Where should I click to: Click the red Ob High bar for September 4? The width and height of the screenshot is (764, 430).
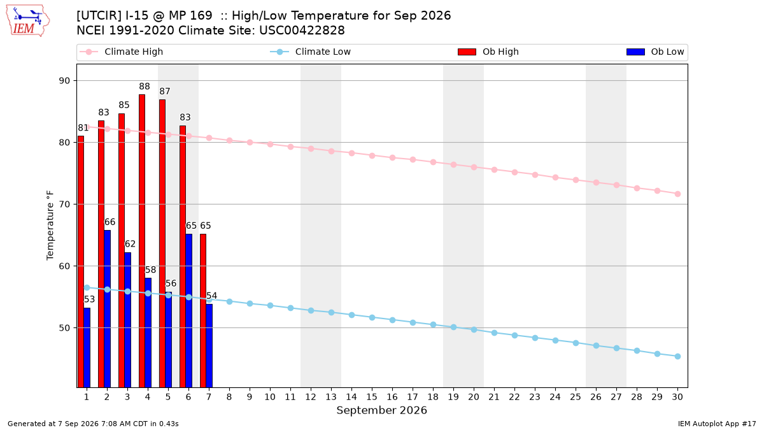[142, 241]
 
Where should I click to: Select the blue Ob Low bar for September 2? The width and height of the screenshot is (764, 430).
[107, 309]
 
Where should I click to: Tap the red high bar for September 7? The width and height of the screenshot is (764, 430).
[203, 311]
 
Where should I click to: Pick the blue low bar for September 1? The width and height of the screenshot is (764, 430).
[87, 348]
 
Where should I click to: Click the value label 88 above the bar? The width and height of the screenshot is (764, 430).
[145, 87]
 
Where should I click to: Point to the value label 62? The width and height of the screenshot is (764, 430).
[130, 244]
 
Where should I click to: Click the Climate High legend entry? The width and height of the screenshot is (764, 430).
[121, 52]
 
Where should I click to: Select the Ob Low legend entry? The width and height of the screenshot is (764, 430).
[655, 52]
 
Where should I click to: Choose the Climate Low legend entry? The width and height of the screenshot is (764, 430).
[310, 52]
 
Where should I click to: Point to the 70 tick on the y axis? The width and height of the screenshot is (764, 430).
[64, 204]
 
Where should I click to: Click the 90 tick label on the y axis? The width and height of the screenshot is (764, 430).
[64, 81]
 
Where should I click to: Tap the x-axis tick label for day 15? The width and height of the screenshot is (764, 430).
[372, 397]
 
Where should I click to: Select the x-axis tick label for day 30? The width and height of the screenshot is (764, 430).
[677, 397]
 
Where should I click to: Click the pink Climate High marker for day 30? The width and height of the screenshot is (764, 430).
[677, 194]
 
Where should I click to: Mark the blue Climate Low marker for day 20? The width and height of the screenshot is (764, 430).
[474, 330]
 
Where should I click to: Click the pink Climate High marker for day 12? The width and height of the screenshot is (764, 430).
[311, 149]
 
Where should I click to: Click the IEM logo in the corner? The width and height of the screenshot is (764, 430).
[27, 21]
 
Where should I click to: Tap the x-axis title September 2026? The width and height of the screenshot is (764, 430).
[381, 410]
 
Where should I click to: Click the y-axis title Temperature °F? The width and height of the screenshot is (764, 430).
[50, 226]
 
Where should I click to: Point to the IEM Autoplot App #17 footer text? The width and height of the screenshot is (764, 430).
[717, 424]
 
